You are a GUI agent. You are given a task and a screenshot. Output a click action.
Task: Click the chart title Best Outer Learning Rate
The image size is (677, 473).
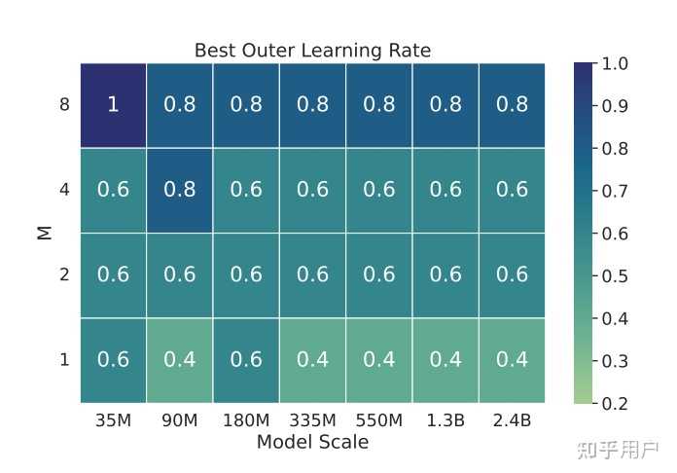click(312, 51)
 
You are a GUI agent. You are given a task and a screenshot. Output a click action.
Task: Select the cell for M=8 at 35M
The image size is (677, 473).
click(113, 105)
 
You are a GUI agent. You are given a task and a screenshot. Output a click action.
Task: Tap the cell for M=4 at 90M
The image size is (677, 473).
click(180, 190)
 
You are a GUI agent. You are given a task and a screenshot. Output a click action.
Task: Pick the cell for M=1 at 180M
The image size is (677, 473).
click(246, 360)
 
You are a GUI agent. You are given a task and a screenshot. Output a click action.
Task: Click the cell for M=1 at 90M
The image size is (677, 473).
click(180, 360)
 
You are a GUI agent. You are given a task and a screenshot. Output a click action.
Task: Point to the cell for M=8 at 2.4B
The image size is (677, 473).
click(512, 105)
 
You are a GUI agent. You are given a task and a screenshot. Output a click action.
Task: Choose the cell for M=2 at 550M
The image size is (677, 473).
click(379, 274)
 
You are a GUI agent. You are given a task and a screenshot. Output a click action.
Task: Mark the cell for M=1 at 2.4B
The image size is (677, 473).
click(512, 360)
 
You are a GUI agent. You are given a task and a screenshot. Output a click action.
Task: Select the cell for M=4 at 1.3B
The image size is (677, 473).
click(445, 190)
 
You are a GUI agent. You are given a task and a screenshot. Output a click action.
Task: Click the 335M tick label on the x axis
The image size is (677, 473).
click(312, 421)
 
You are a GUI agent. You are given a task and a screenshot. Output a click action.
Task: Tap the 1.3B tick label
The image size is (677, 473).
click(445, 421)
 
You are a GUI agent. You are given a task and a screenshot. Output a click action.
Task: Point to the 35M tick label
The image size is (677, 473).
click(113, 421)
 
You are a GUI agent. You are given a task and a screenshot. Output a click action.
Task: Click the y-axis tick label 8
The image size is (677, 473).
click(64, 105)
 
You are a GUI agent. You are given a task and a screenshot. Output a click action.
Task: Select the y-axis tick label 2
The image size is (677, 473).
click(64, 274)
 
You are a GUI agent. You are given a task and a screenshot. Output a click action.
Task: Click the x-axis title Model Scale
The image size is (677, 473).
click(312, 443)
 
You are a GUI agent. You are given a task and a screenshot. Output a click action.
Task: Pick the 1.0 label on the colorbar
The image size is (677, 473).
click(616, 64)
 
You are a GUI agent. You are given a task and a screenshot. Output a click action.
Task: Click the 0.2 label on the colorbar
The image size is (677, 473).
click(616, 403)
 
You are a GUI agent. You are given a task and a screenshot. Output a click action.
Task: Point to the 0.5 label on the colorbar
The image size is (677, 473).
click(616, 276)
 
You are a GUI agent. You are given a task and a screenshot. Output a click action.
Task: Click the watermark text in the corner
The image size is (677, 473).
click(618, 451)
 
